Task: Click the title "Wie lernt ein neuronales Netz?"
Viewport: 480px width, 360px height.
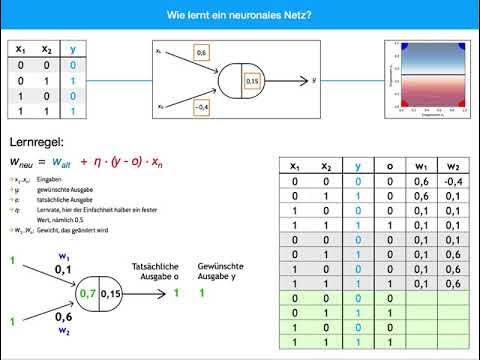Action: click(x=239, y=15)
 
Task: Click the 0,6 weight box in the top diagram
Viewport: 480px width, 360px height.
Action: click(x=201, y=51)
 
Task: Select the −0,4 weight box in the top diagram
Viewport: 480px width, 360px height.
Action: click(x=201, y=106)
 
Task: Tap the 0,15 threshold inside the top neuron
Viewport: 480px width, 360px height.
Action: click(x=251, y=79)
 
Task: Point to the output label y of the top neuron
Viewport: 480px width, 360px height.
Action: click(x=315, y=78)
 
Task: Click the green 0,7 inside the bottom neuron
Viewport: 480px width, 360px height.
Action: click(x=90, y=293)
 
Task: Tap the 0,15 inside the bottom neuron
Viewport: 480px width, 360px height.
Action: click(x=111, y=293)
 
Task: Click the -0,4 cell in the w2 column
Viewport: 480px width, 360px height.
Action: click(x=453, y=182)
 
